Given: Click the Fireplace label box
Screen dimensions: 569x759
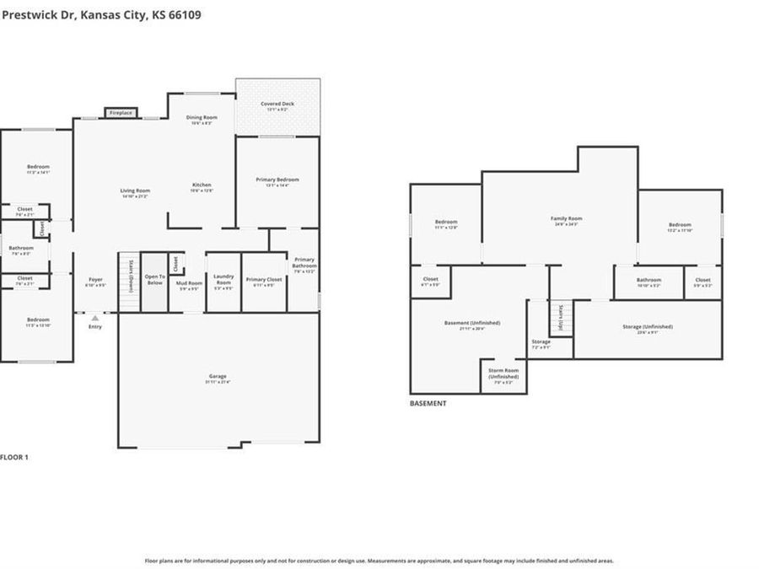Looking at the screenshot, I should click(x=121, y=113).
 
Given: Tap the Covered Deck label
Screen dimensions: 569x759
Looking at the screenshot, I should click(x=277, y=105).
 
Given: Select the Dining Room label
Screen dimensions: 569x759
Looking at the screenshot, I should click(x=202, y=119).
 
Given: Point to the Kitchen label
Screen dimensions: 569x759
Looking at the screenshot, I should click(x=202, y=186).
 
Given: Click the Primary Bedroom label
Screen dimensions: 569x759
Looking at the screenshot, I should click(x=277, y=180).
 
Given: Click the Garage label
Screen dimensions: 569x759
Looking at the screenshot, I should click(x=218, y=378).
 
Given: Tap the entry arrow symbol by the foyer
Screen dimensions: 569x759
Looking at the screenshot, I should click(x=95, y=319).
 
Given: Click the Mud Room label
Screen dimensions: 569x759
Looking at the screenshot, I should click(x=188, y=285).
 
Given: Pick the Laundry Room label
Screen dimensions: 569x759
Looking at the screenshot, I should click(x=223, y=281).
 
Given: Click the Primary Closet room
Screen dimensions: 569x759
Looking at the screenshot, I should click(x=264, y=282).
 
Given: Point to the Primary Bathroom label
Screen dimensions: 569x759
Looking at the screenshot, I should click(x=304, y=265).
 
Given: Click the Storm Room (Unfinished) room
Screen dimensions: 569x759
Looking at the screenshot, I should click(x=503, y=375).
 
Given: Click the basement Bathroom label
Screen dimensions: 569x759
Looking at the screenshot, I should click(x=649, y=282).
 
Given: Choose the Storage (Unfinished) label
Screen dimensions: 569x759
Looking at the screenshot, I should click(x=648, y=328).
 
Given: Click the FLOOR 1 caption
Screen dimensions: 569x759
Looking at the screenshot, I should click(x=14, y=457).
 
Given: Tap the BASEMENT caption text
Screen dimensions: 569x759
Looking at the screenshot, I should click(x=428, y=404).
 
